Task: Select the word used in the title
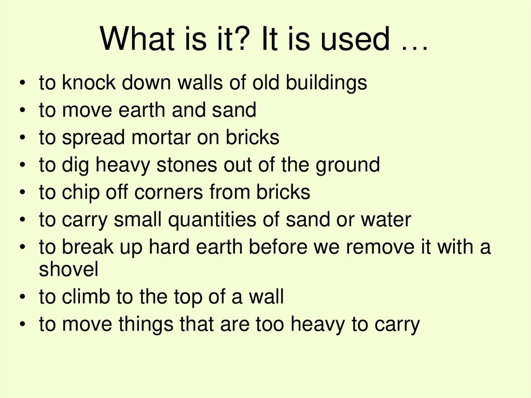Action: (x=356, y=39)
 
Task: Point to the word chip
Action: (x=79, y=193)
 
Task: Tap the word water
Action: (x=385, y=220)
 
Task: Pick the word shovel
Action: (x=69, y=269)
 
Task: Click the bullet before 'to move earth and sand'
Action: (x=22, y=111)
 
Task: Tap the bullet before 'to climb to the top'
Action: (x=22, y=297)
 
